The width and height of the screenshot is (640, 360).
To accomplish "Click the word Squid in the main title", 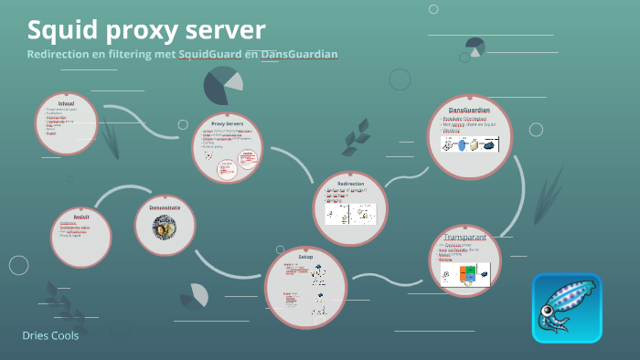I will click(x=60, y=30).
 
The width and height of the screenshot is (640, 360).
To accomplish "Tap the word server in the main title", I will click(x=219, y=30).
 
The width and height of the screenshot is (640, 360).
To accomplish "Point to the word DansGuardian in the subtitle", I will click(x=299, y=55).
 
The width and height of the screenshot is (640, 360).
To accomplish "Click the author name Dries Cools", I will click(x=50, y=336).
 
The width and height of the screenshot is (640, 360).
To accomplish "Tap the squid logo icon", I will click(x=567, y=308).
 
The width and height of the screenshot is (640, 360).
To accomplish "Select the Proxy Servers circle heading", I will click(x=227, y=122).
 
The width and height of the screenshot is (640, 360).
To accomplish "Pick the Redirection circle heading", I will click(x=350, y=184).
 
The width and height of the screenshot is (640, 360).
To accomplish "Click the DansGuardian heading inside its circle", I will click(x=469, y=110).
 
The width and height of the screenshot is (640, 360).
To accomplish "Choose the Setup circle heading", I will click(x=305, y=259).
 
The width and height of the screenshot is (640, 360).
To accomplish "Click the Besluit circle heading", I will click(x=80, y=217).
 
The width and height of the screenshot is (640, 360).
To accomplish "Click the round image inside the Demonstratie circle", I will click(x=165, y=228).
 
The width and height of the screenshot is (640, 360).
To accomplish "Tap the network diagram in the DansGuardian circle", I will click(x=469, y=143).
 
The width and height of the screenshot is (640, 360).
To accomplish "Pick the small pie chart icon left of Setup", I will click(x=194, y=295).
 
